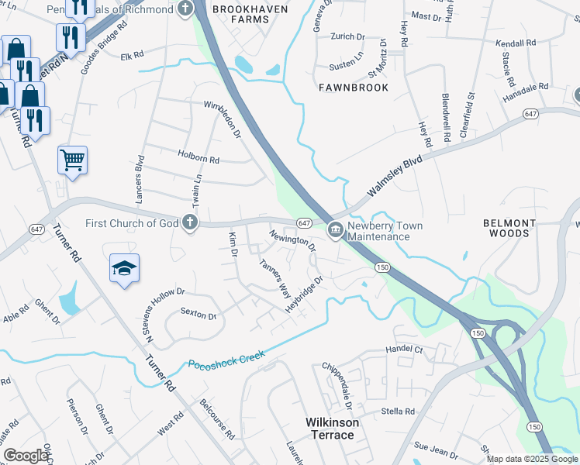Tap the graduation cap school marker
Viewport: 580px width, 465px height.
(x=124, y=267)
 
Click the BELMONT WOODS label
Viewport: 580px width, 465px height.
(x=509, y=228)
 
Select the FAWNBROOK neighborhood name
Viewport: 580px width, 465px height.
(x=354, y=88)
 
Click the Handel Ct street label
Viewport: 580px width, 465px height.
(x=406, y=350)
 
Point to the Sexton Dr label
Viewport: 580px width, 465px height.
(x=198, y=315)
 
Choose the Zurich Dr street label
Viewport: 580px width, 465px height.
(x=347, y=36)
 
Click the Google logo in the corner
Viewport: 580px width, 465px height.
(x=26, y=456)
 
